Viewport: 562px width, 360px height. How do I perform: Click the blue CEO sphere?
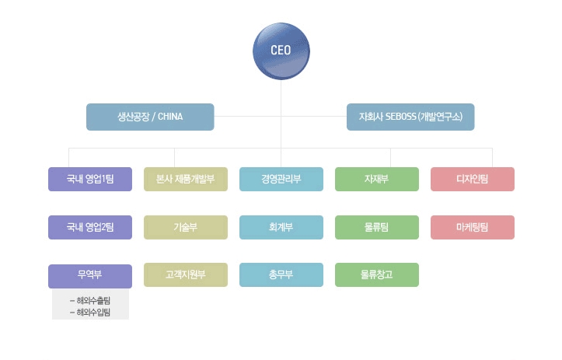pos(281,51)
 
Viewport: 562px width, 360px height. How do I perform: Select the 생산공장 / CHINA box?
pos(150,117)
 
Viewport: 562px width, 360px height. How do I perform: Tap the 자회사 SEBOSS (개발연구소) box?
pos(410,117)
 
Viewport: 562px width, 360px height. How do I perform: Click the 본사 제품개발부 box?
pos(186,180)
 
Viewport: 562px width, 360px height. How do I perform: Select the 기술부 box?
pos(186,227)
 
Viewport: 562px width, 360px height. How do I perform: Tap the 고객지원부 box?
pos(186,275)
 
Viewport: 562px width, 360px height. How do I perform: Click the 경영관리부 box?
pos(281,180)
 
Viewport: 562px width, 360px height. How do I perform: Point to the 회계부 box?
pos(281,227)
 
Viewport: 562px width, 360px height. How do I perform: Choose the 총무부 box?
pos(281,275)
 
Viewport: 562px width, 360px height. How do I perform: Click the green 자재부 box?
pos(377,180)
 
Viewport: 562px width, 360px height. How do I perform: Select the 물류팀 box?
pos(377,227)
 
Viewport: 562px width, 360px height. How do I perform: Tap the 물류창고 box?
pos(377,275)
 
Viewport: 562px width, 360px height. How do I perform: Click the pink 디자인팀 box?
pos(473,180)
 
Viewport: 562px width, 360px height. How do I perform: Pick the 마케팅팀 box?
pos(473,227)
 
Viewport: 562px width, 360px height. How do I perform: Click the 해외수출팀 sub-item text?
pos(93,300)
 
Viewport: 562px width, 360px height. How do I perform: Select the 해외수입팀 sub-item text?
pos(93,313)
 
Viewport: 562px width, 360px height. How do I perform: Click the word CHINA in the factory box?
pos(170,117)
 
